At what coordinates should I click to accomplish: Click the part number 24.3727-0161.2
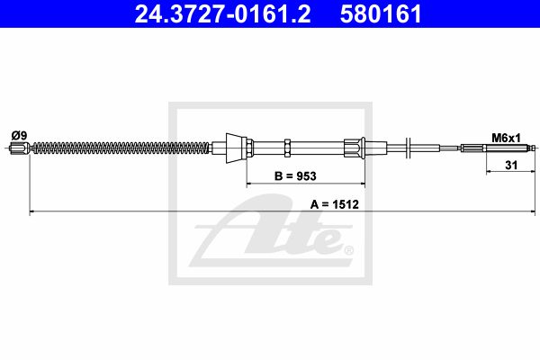pos(222,13)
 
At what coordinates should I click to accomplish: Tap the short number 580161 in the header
pos(381,13)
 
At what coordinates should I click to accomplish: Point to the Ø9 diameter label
pos(19,135)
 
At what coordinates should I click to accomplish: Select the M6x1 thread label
pos(506,138)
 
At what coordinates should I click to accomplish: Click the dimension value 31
pos(511,166)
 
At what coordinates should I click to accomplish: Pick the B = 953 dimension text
pos(295,176)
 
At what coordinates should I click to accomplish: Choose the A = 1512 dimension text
pos(335,204)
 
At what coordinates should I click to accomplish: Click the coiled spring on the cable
pos(121,148)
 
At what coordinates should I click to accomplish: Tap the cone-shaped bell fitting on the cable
pos(236,148)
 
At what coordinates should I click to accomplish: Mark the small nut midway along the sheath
pos(288,148)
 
